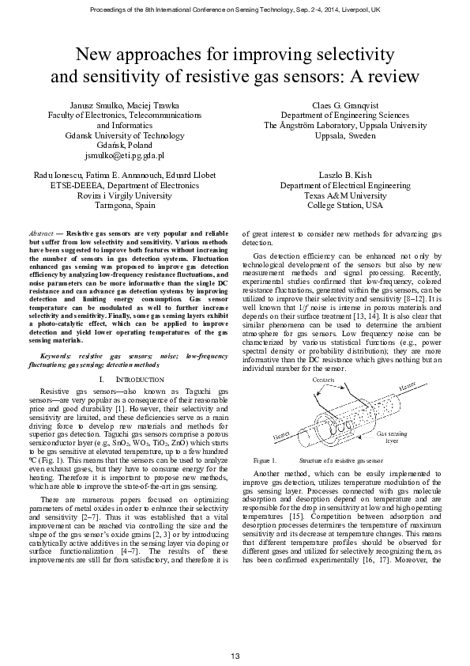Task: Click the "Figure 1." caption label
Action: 264,460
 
